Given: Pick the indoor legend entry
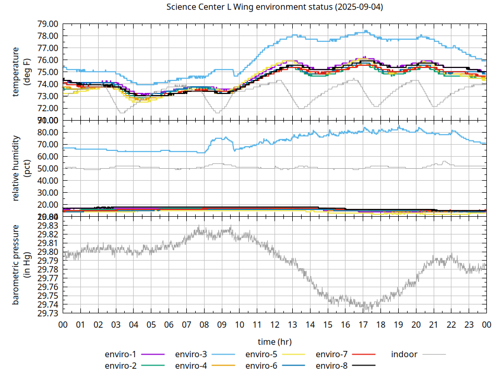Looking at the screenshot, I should coord(404,354).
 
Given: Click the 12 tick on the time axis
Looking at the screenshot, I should coord(275,324).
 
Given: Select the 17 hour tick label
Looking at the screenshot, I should coord(363,324).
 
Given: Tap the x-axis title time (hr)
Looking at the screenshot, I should coord(275,342).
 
